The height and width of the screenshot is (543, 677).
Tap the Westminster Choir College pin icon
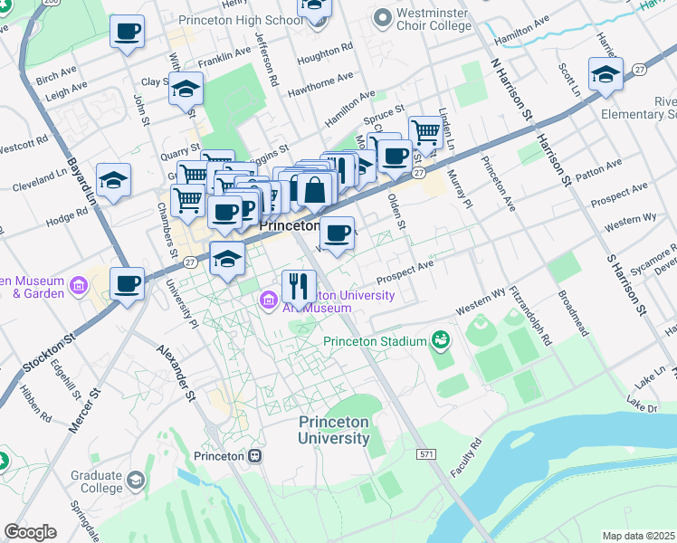pyautogui.click(x=382, y=16)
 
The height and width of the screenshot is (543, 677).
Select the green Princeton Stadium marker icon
pyautogui.click(x=441, y=340)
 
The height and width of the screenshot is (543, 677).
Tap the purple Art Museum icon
pyautogui.click(x=269, y=300)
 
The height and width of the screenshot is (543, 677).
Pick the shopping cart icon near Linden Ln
pyautogui.click(x=425, y=131)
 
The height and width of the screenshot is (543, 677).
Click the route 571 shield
pyautogui.click(x=427, y=452)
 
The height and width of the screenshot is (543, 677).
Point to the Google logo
pyautogui.click(x=30, y=531)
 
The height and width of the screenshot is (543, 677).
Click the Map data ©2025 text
pyautogui.click(x=638, y=536)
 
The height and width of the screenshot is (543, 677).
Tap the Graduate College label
pyautogui.click(x=97, y=481)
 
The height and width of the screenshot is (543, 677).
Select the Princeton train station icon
pyautogui.click(x=256, y=455)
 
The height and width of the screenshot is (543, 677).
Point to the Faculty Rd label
pyautogui.click(x=462, y=462)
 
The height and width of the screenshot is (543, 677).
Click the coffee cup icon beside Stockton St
pyautogui.click(x=127, y=283)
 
